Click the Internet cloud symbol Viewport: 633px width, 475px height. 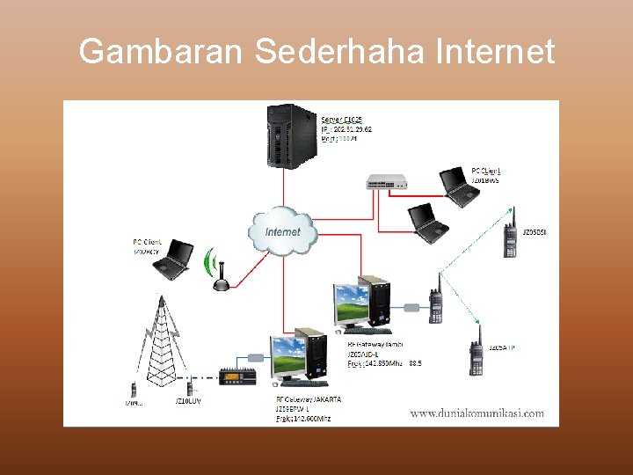[281, 230]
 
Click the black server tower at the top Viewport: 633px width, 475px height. [292, 135]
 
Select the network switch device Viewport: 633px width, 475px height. [388, 181]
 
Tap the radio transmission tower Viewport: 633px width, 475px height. [161, 338]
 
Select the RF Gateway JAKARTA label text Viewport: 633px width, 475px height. [309, 399]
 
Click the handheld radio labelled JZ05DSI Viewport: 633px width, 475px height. [509, 235]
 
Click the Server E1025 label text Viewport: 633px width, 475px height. [341, 120]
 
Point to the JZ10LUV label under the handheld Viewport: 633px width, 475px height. [188, 402]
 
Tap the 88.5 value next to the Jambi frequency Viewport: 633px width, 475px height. [415, 362]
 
